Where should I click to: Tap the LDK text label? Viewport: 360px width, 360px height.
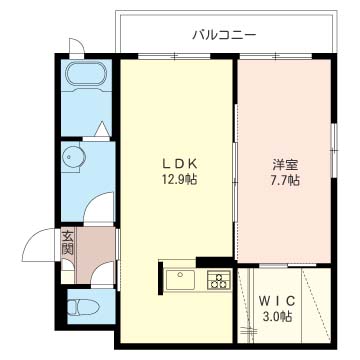[176, 163]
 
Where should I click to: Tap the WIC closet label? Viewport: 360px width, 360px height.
[277, 299]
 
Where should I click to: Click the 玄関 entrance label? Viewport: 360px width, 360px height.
[67, 243]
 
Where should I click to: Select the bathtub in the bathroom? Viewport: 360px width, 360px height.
[87, 77]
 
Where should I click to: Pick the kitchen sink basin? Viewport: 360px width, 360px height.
[180, 278]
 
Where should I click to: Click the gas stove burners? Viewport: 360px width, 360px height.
[218, 278]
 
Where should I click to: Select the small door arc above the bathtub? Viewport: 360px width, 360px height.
[77, 47]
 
